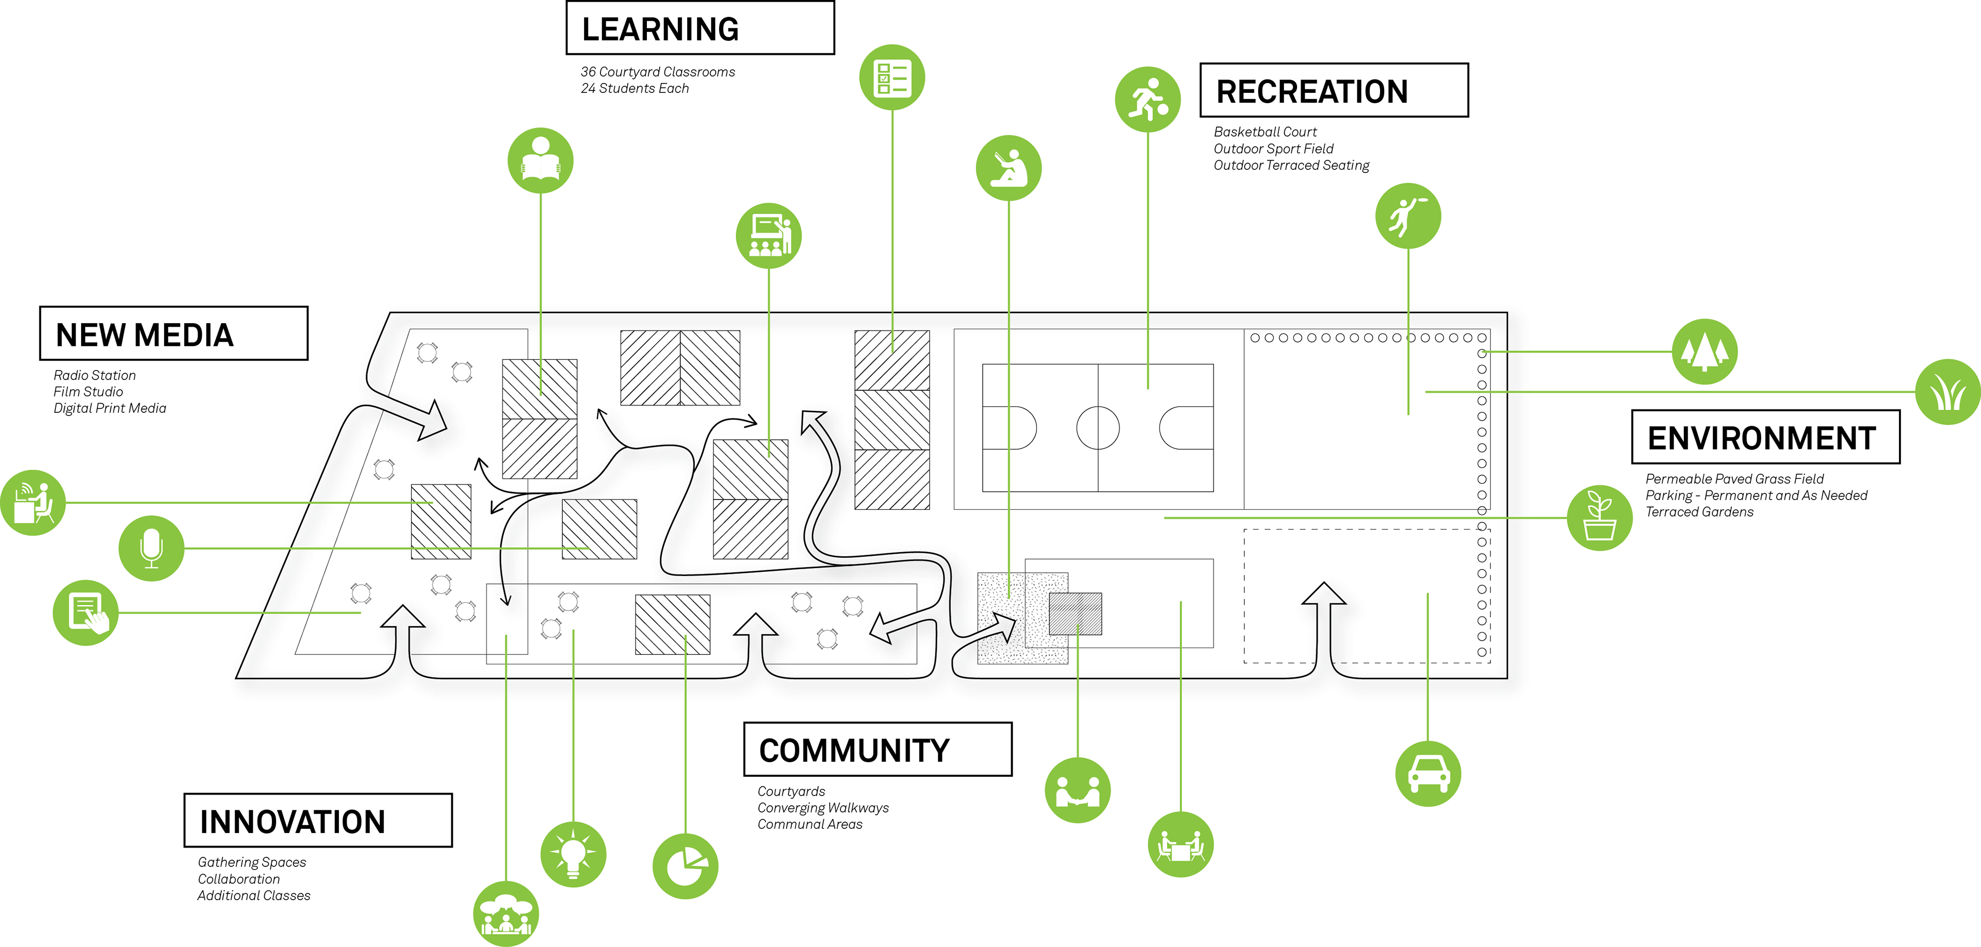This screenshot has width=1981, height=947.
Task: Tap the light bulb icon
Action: coord(573,854)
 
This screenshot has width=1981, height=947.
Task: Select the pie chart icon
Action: coord(685,865)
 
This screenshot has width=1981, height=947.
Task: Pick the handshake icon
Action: coord(1077,790)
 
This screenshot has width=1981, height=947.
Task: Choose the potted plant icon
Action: coord(1600,517)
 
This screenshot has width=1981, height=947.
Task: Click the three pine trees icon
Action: coord(1704,351)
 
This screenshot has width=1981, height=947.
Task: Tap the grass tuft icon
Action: coord(1948,392)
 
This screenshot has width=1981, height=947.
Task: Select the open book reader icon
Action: coord(541,161)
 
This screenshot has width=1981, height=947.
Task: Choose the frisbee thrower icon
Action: coord(1408,215)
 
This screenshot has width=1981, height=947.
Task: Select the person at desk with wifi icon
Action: coord(33,502)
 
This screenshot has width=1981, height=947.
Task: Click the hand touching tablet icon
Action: coord(85,613)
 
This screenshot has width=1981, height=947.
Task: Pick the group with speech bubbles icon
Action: coord(506,914)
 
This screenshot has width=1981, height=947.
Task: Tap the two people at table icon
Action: coord(1180,844)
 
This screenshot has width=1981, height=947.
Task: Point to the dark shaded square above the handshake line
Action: coord(1075,613)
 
